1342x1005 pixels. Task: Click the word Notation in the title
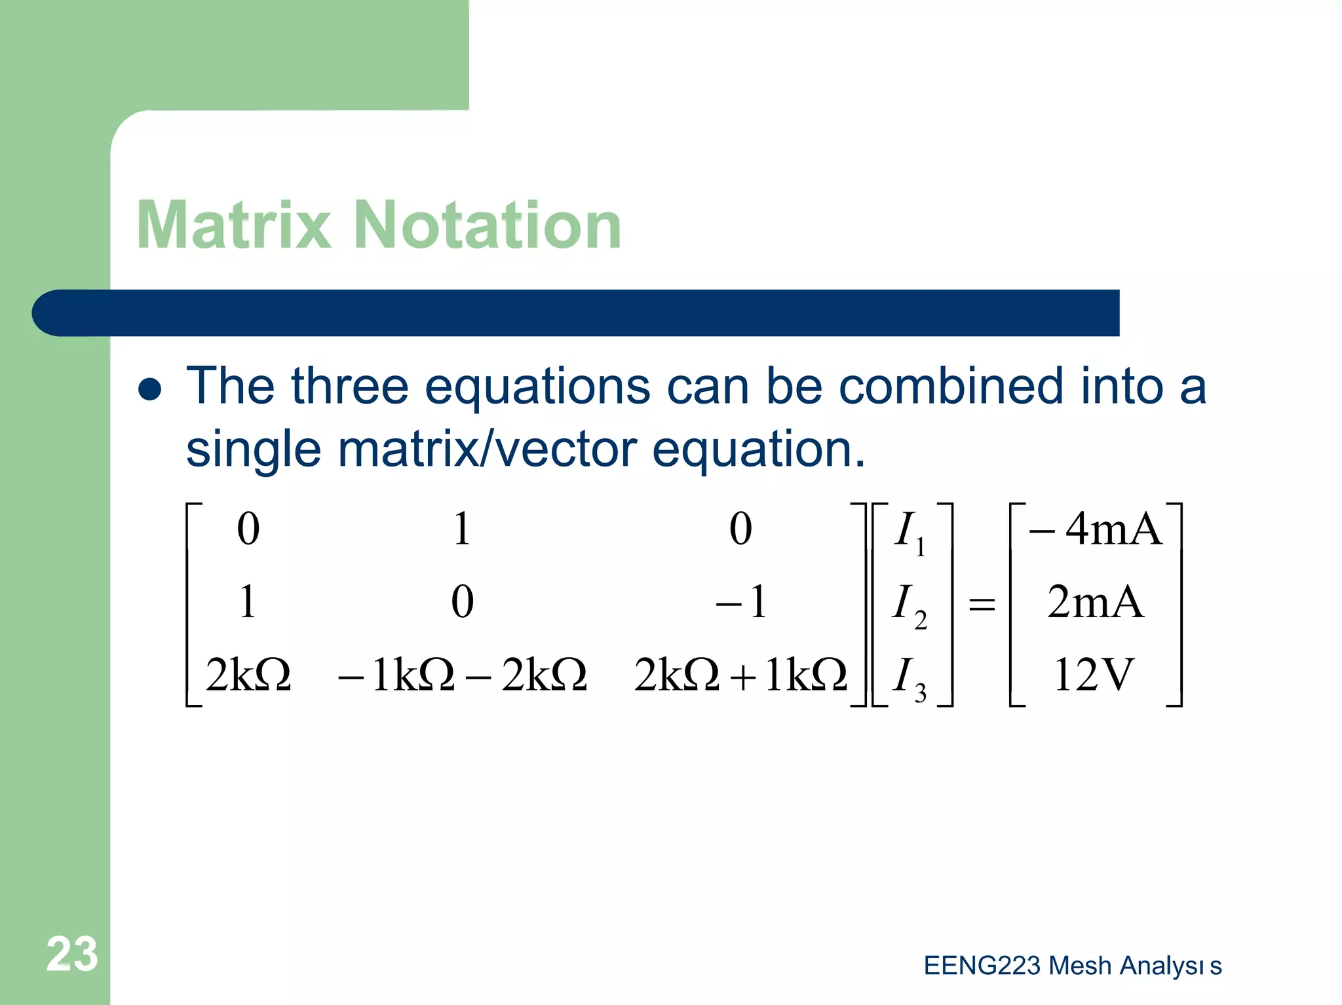488,225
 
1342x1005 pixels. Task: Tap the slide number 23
72,954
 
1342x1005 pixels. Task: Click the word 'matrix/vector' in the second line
488,450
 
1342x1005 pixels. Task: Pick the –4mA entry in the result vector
1095,529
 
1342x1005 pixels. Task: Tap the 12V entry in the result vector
1093,675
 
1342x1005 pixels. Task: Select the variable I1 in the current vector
910,532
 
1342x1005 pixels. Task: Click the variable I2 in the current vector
910,605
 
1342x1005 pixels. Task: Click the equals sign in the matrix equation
982,603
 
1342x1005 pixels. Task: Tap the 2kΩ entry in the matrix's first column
248,675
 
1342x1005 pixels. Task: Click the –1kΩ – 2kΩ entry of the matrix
462,675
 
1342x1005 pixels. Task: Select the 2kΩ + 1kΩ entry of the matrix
740,675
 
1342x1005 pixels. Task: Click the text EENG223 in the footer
982,966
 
